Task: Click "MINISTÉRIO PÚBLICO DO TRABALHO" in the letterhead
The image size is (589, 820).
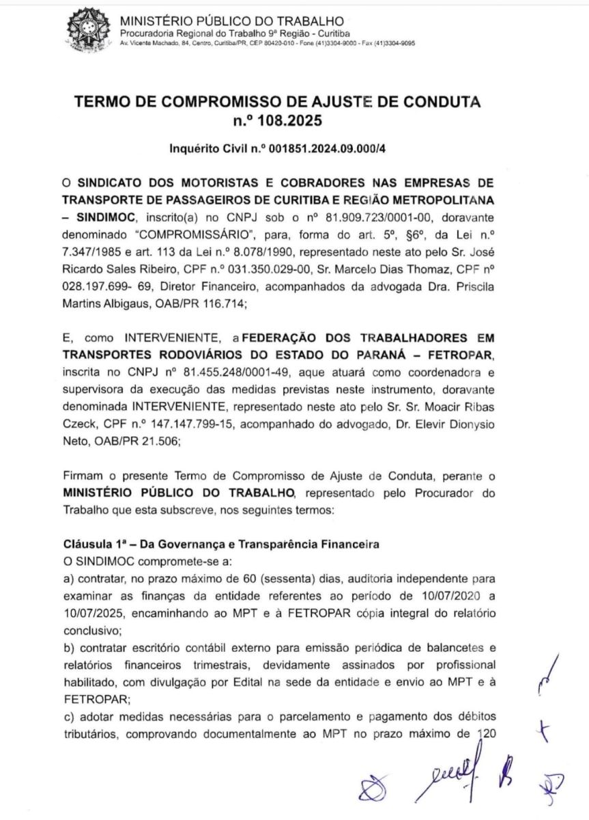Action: point(231,23)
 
